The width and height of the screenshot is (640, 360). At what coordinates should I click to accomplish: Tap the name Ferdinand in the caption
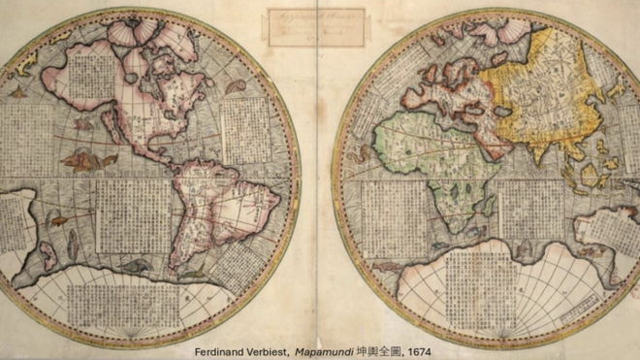point(218,351)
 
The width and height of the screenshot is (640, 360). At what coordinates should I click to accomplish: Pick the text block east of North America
point(244,131)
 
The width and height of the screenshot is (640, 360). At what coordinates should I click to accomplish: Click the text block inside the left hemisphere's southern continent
point(136,301)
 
